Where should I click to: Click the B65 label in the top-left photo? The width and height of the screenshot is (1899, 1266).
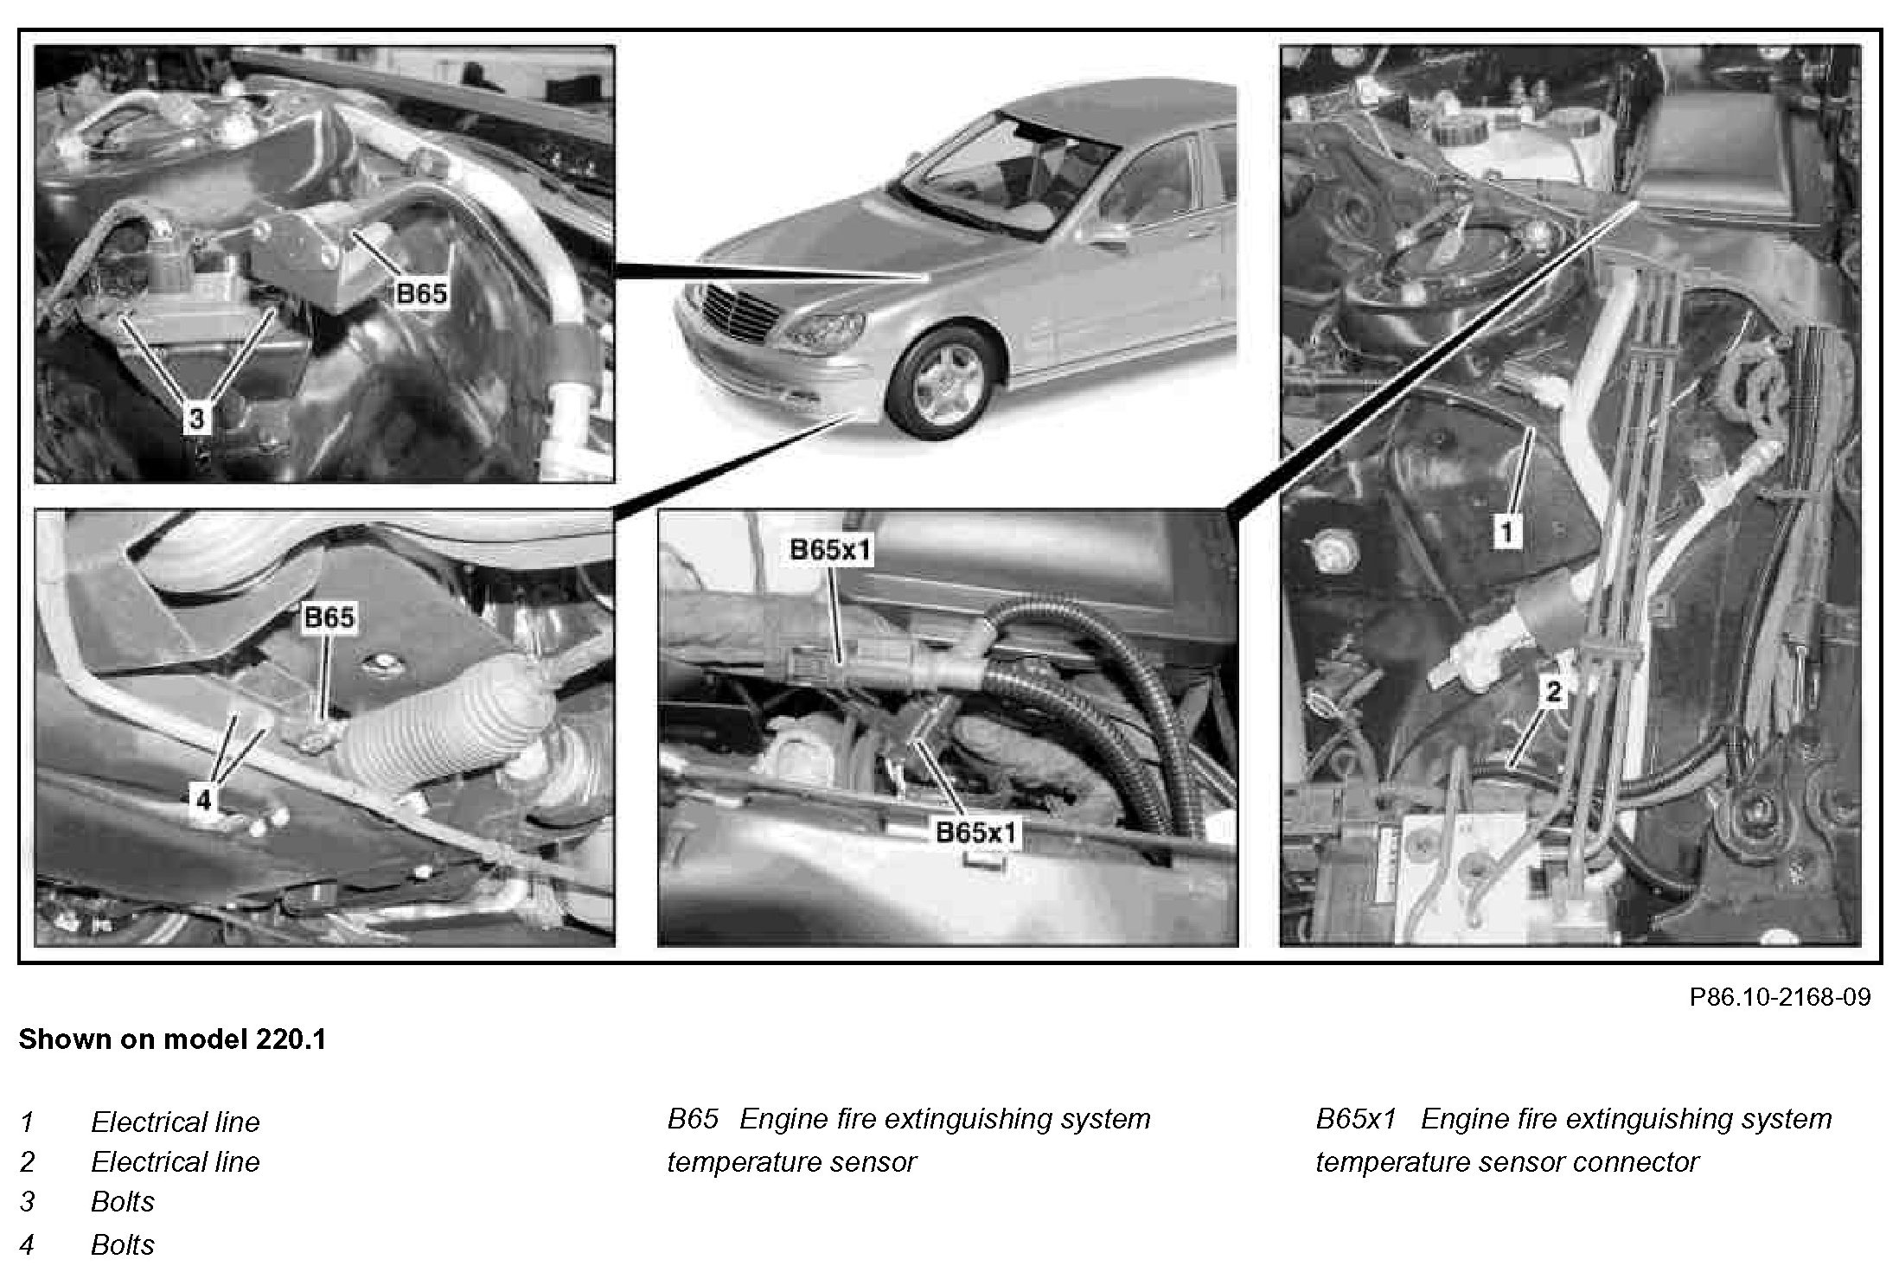[421, 294]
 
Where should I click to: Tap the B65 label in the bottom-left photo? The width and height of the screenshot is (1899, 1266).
[329, 617]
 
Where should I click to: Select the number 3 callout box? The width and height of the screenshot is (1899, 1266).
[197, 419]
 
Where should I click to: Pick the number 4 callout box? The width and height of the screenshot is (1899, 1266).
[203, 801]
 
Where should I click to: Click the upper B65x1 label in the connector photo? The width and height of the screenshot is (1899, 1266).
[830, 551]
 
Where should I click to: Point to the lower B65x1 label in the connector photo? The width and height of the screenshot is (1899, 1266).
[978, 833]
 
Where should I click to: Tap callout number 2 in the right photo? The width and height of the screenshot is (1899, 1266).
[1554, 691]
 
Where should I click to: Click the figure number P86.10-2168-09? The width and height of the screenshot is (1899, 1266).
[1780, 997]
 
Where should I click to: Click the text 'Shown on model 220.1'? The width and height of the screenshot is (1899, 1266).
[173, 1039]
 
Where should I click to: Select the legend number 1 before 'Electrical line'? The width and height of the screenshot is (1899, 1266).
[27, 1122]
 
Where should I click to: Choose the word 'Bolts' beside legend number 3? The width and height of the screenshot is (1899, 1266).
[123, 1202]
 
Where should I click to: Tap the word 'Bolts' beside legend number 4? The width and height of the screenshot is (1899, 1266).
[123, 1245]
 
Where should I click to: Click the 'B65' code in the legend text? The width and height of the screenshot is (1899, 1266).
[693, 1119]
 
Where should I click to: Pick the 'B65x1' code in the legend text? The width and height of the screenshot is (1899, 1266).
[1356, 1119]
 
